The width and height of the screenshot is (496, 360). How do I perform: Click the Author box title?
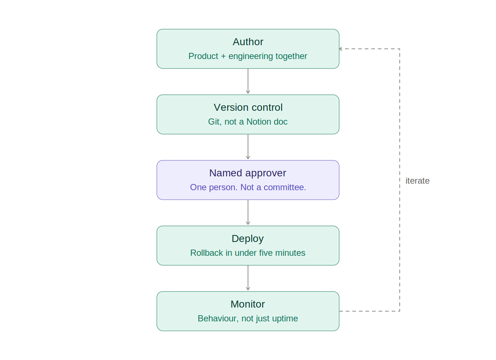248,42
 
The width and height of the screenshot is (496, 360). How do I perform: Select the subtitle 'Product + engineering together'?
248,56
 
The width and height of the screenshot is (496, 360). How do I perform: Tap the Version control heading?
248,107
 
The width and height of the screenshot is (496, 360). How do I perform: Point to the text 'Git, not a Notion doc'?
248,122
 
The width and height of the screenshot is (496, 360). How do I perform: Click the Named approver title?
248,173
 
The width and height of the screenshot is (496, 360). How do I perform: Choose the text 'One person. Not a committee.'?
248,187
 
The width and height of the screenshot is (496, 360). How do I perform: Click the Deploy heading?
248,239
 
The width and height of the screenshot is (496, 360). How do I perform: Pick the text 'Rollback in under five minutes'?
248,253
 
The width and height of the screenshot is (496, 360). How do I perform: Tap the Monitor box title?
248,304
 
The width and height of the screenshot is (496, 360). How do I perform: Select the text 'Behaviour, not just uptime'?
248,318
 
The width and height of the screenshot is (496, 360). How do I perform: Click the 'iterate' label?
417,181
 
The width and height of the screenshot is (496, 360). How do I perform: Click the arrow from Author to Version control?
248,81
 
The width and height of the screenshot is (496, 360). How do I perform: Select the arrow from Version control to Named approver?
248,147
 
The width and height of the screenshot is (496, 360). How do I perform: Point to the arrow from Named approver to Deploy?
248,212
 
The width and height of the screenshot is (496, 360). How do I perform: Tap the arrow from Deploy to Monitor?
248,278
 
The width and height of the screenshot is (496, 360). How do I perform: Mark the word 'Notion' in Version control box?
259,122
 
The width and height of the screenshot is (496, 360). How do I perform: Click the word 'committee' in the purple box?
284,187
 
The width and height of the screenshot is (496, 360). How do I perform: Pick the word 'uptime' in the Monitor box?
286,318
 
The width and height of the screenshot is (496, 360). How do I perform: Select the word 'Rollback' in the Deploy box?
206,253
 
